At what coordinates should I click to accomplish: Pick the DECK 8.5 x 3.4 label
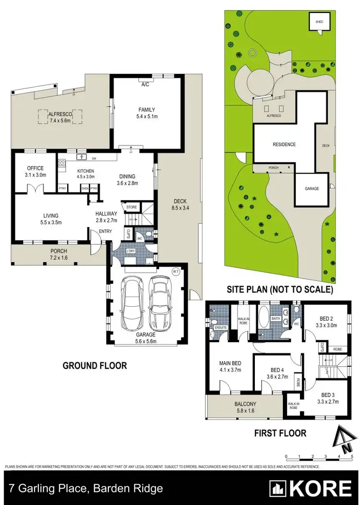[180, 204]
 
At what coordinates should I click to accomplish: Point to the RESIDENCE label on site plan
[284, 144]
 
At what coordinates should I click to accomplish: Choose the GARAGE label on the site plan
[312, 189]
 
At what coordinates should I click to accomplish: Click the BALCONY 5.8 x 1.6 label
[244, 408]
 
